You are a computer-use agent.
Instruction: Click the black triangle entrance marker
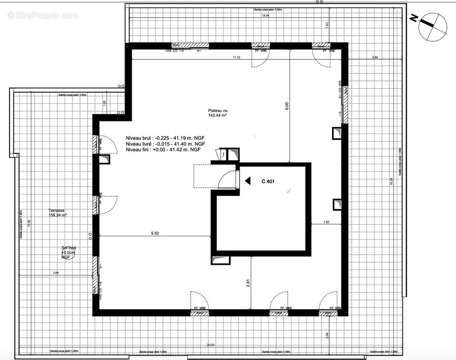pos(247,181)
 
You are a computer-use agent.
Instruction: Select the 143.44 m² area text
pos(217,116)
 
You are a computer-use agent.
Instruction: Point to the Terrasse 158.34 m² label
pos(58,213)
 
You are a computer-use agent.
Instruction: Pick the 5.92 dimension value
pos(155,233)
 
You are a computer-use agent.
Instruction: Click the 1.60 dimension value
pos(326,222)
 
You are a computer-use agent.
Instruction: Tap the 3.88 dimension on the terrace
pos(56,273)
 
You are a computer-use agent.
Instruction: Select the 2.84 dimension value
pos(375,57)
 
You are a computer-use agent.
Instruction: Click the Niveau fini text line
pos(163,149)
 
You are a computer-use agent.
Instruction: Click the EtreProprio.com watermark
pos(43,15)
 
